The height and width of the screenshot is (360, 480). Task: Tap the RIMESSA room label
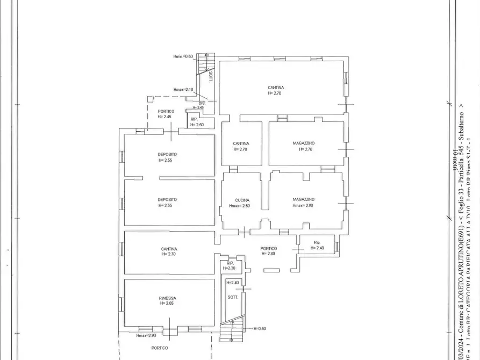(x=167, y=298)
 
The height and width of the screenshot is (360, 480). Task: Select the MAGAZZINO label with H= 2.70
(x=304, y=143)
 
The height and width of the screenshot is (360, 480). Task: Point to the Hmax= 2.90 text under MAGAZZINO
(x=303, y=205)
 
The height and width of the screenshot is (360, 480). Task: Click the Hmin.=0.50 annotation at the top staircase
(x=183, y=56)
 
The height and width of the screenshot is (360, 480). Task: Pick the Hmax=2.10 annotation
(x=183, y=90)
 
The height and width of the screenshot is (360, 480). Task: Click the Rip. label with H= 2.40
(x=317, y=243)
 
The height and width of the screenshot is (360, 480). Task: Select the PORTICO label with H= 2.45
(x=166, y=111)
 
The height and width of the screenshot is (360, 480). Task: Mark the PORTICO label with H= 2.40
(x=268, y=248)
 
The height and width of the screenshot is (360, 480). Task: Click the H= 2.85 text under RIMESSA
(x=167, y=304)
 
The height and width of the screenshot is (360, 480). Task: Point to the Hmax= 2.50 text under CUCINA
(x=240, y=205)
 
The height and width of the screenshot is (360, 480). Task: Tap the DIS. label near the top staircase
(x=202, y=103)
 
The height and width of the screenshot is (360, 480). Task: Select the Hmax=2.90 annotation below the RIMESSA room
(x=146, y=336)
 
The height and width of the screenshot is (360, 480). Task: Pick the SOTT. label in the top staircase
(x=211, y=76)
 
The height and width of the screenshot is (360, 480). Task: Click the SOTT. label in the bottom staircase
(x=233, y=297)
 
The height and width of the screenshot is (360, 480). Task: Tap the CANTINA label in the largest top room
(x=276, y=88)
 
